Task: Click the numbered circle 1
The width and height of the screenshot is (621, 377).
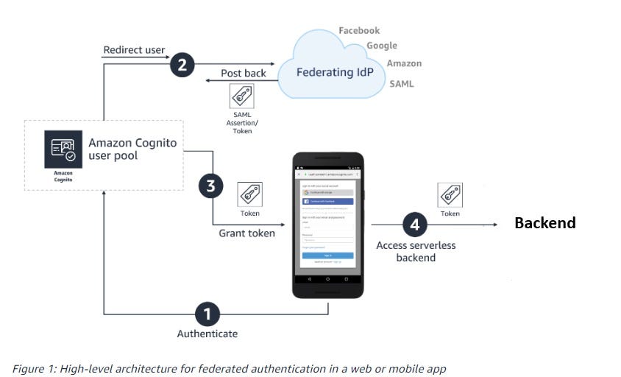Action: click(x=207, y=314)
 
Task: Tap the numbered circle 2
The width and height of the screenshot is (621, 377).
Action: click(x=182, y=66)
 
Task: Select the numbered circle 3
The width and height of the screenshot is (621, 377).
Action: click(x=210, y=186)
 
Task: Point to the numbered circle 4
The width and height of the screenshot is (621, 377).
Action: click(x=414, y=224)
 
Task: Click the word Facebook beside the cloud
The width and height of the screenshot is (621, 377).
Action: click(x=359, y=31)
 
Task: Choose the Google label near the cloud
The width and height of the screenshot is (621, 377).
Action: click(x=381, y=46)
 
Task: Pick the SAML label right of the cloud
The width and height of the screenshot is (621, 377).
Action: click(x=402, y=84)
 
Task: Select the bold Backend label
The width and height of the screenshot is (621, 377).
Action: click(x=544, y=223)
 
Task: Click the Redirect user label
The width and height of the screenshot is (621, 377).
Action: click(x=134, y=50)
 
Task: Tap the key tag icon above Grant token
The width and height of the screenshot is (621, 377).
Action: click(x=249, y=194)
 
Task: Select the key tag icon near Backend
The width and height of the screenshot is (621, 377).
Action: click(x=450, y=195)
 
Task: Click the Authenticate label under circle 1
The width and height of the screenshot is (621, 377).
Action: click(x=207, y=334)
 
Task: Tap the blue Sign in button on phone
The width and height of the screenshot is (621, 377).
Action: click(x=327, y=256)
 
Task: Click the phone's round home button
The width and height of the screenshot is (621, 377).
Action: click(x=328, y=280)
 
